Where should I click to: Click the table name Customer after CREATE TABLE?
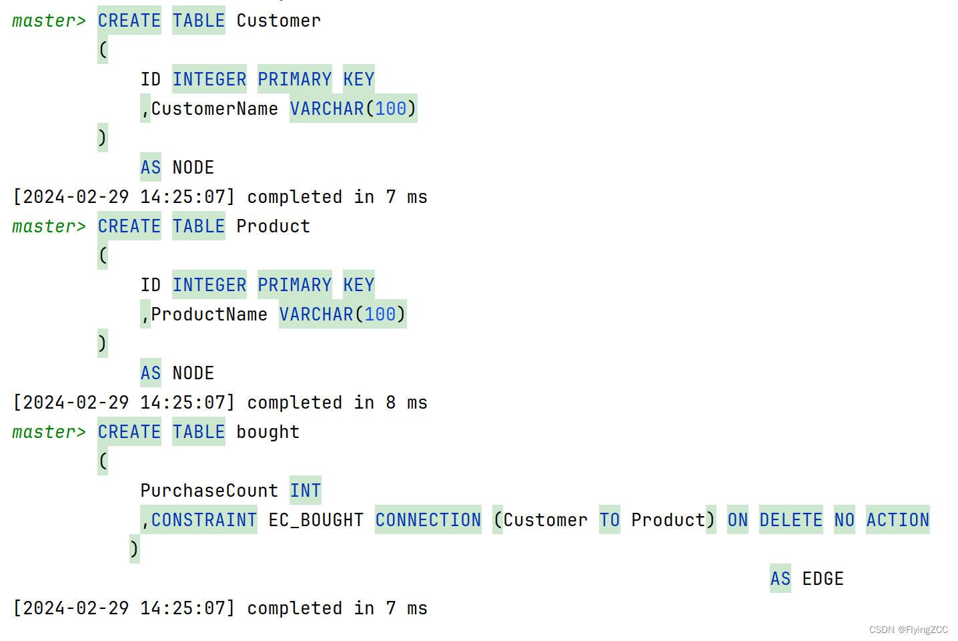point(278,21)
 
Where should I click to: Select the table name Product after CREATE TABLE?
point(273,226)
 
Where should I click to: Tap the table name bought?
point(268,432)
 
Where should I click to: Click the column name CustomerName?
point(215,109)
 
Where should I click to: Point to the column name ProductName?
point(209,314)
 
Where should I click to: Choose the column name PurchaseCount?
point(209,491)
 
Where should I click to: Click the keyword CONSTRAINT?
point(203,520)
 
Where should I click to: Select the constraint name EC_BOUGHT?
point(316,520)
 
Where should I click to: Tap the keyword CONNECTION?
point(428,520)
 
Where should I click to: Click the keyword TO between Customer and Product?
point(609,520)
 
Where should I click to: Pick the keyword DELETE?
point(791,520)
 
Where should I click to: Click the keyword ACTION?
point(897,520)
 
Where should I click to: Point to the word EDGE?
point(823,579)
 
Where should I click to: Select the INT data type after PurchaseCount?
point(305,491)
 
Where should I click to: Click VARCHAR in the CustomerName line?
point(327,109)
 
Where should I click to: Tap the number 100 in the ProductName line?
point(380,314)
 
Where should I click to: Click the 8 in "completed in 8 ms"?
point(390,403)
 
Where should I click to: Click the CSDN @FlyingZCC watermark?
point(908,630)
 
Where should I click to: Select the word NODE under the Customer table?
point(193,168)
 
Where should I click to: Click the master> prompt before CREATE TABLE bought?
point(49,432)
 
